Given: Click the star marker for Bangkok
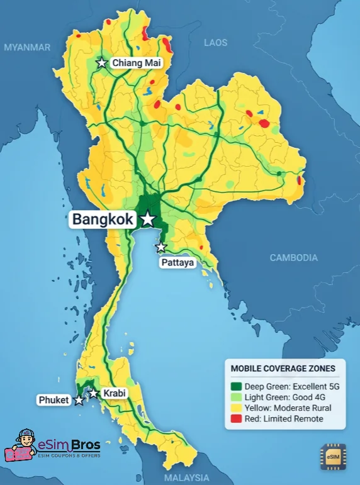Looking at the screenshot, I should point(147,219).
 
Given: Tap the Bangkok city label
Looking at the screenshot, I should point(103,220).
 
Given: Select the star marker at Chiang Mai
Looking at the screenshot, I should point(101,63).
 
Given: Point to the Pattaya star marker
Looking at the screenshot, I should point(161,247).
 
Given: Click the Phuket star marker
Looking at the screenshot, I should point(79,400).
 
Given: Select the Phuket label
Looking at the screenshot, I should point(53,400).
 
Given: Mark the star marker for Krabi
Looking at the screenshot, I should point(93,393).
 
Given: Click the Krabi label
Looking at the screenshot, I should point(113,393).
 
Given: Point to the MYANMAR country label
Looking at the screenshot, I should point(26,47).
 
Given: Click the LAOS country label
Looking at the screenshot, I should point(215,43).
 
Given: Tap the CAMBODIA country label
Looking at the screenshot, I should point(293,257).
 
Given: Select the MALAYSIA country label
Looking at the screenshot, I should point(187,477).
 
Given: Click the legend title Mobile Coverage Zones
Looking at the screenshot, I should point(283,369).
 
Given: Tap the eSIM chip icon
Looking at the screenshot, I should point(333,457).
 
